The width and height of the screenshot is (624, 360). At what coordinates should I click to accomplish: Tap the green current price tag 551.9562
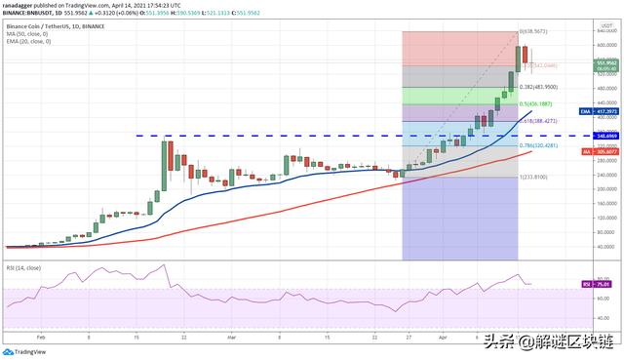[604, 64]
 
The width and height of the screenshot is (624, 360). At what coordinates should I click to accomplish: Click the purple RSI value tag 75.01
[602, 284]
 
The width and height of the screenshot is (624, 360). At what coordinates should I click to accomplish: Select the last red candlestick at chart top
[526, 56]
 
